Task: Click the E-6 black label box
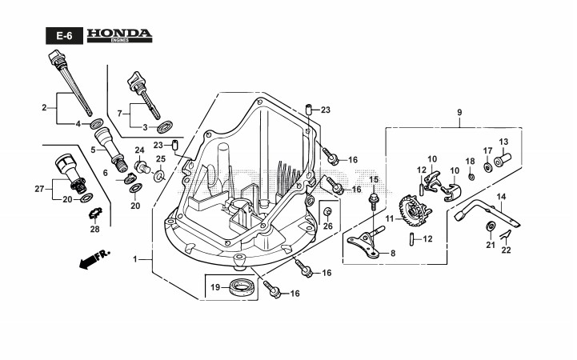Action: point(64,36)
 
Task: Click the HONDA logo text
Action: point(119,34)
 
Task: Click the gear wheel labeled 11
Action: point(414,210)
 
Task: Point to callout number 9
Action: point(459,112)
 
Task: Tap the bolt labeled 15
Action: point(373,201)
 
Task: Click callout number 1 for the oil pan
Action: point(134,259)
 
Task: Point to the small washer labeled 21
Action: point(490,226)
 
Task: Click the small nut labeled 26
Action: point(327,211)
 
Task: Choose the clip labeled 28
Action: point(95,214)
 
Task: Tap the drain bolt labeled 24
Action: point(142,166)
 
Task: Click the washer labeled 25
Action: point(160,175)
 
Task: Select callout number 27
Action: point(39,189)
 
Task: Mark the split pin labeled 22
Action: point(506,234)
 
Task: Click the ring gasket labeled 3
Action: point(164,127)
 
